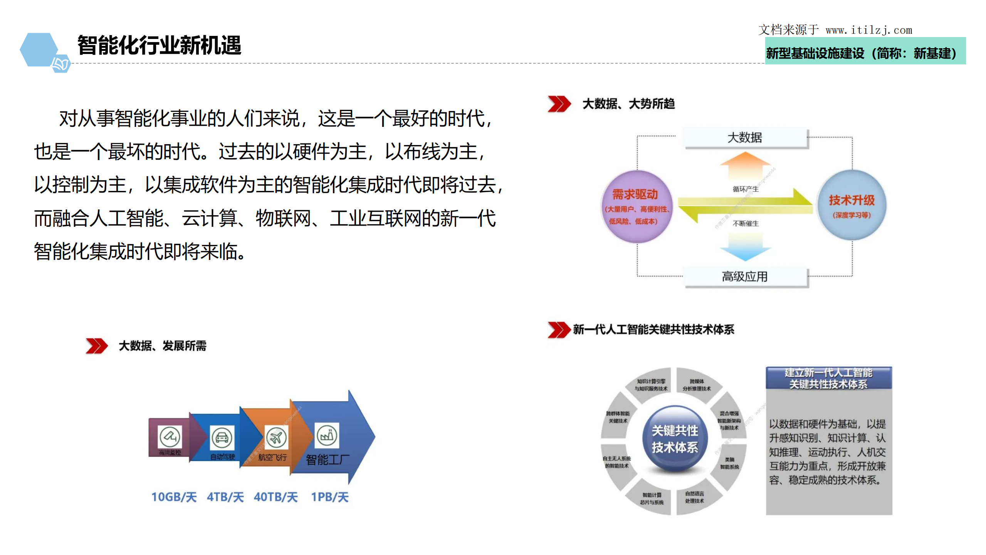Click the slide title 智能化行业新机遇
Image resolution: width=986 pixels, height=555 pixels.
point(159,45)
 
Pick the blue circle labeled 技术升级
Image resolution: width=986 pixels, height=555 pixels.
point(851,205)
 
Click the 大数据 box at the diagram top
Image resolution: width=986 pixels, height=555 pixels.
point(745,138)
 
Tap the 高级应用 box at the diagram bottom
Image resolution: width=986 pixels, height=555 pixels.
point(745,276)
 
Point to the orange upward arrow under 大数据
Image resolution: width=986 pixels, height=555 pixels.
point(745,165)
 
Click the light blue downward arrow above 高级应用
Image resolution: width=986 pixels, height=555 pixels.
point(745,246)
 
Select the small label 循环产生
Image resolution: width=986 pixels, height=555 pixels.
point(745,189)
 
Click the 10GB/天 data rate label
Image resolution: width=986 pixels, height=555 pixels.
point(174,497)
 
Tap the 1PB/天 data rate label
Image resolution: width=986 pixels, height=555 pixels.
point(329,497)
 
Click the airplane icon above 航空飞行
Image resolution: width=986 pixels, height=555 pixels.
point(275,437)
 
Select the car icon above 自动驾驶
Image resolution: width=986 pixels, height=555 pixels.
point(222,437)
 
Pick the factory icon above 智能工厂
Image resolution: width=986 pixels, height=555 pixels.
point(327,435)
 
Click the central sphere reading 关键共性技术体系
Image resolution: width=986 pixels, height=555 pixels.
point(674,439)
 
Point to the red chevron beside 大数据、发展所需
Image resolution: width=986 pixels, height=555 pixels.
point(96,346)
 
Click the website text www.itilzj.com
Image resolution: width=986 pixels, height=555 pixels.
point(868,30)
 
